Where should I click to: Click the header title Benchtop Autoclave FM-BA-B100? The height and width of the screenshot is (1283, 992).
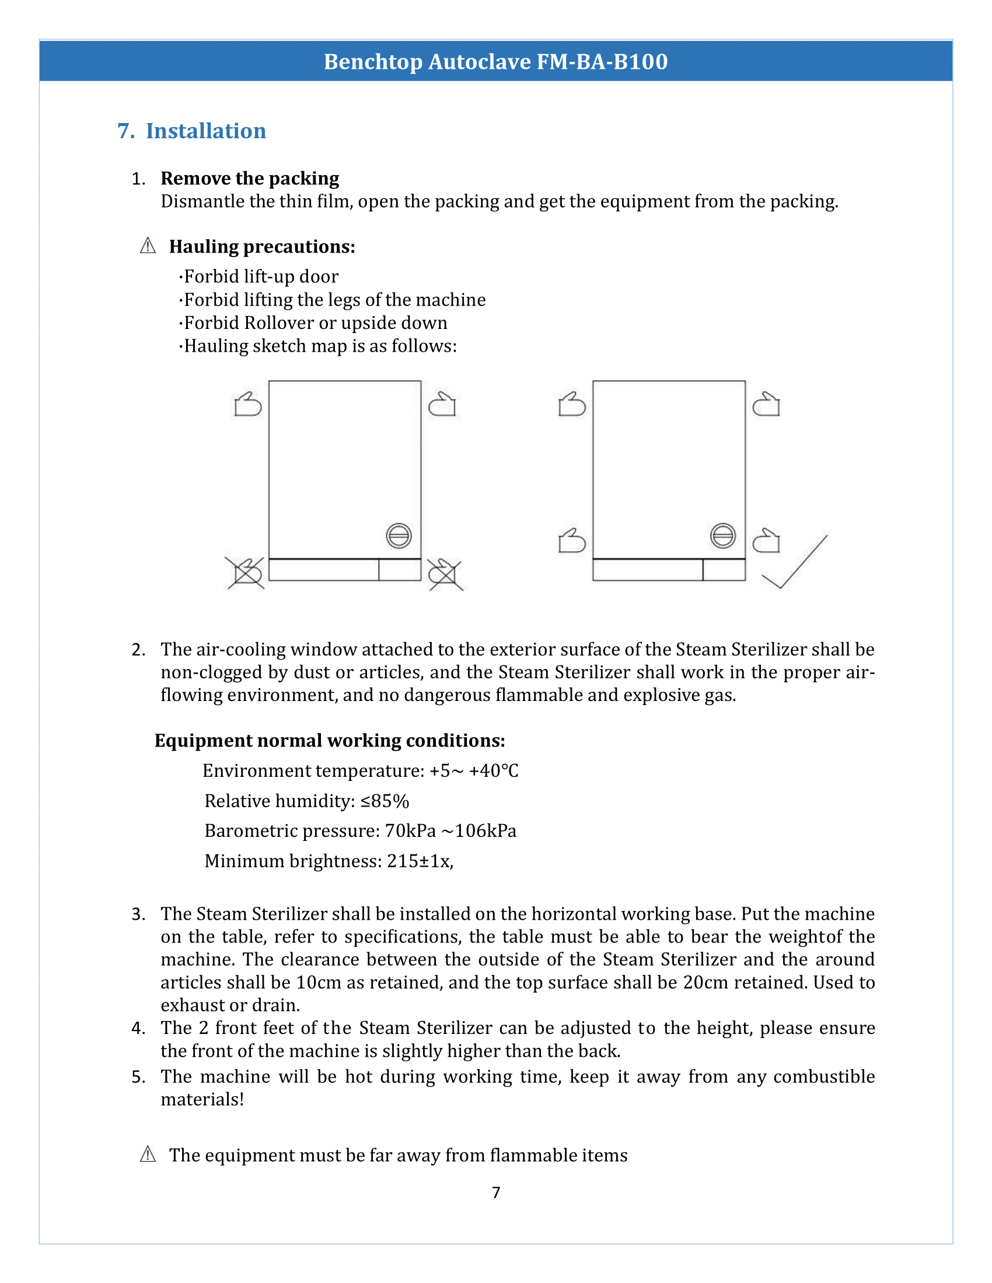point(495,62)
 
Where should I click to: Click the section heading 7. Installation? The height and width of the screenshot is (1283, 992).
point(191,131)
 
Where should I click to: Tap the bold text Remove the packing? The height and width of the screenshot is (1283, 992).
point(250,178)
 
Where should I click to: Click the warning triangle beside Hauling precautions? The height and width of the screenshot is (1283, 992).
point(148,246)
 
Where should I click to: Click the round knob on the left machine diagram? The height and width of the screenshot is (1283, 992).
point(399,535)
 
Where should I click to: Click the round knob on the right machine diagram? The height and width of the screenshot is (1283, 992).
point(722,535)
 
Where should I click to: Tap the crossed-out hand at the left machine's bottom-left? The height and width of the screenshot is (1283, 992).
point(246,573)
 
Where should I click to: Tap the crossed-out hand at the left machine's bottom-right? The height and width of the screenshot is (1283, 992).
point(445,574)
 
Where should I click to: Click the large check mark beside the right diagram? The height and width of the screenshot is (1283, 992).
point(795,562)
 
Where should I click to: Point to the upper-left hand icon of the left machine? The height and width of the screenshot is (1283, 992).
point(247,404)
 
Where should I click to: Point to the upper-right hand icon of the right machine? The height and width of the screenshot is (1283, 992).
point(766,404)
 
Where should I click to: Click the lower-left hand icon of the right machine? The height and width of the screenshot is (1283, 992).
point(572,541)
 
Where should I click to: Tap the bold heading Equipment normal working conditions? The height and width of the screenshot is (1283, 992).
point(330,740)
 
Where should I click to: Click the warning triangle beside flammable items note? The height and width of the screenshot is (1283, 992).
point(148,1154)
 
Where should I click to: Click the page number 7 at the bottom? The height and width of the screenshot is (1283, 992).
point(496,1192)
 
